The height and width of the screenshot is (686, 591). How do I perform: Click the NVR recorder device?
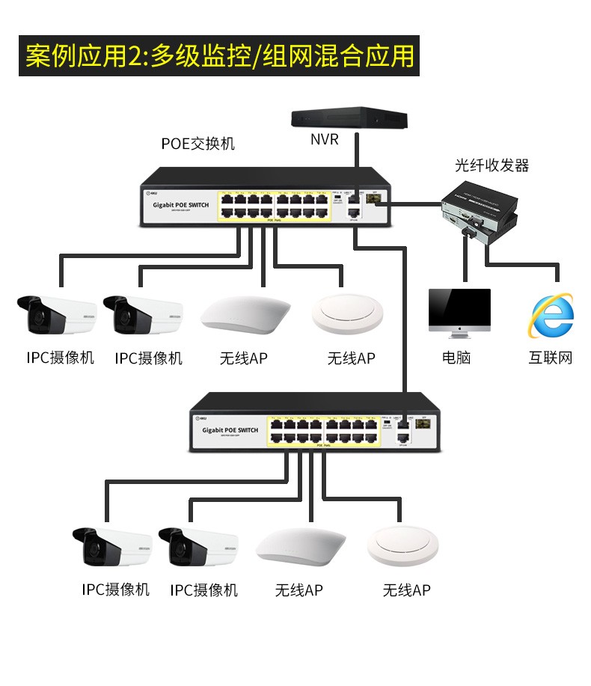349,119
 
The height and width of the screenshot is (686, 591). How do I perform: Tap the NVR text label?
325,140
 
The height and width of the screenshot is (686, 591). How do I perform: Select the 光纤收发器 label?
492,165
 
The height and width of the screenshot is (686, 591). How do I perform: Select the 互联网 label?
550,358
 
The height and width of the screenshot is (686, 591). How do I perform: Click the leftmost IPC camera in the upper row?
55,316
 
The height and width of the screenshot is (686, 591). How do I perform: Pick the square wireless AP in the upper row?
245,313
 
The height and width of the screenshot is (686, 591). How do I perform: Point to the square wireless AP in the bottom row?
301,548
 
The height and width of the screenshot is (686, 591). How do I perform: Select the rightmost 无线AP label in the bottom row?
406,590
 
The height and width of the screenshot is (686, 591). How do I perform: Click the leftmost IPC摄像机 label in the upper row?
61,358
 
